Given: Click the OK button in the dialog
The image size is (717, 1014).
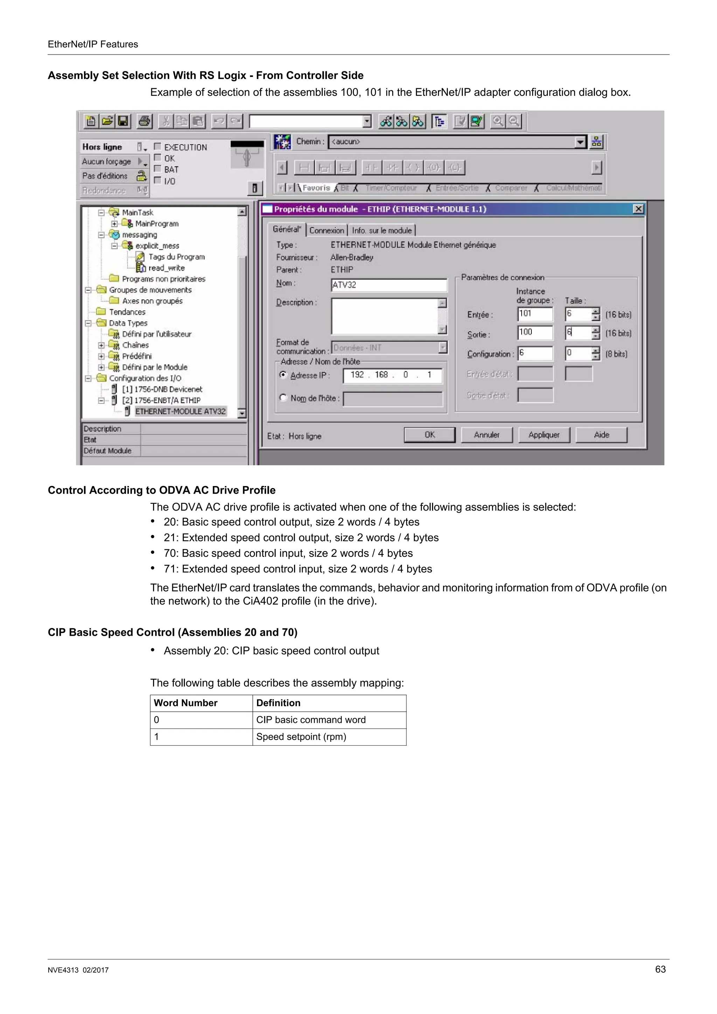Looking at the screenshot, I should (430, 435).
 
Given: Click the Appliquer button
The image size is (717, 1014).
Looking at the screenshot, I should (544, 435).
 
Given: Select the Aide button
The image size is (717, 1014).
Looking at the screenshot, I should (601, 435).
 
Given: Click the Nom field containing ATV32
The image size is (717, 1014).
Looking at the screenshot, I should (389, 285).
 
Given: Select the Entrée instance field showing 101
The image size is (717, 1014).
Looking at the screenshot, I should (535, 314).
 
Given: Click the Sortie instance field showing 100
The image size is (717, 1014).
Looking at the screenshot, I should (535, 332).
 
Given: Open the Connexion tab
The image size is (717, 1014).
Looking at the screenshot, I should (327, 230).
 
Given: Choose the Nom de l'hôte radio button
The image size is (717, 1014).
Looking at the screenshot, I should (283, 397).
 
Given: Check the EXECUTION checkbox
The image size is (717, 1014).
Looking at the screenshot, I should (157, 146).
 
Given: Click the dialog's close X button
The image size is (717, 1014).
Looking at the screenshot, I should (638, 209).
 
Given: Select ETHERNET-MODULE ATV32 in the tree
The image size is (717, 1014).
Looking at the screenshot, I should (180, 411).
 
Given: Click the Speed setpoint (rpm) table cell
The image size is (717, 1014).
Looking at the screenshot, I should (329, 737).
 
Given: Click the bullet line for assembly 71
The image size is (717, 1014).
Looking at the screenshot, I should (298, 569).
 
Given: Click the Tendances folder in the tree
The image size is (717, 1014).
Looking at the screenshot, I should (127, 312).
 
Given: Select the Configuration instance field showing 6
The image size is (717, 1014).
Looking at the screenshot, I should (535, 353).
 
